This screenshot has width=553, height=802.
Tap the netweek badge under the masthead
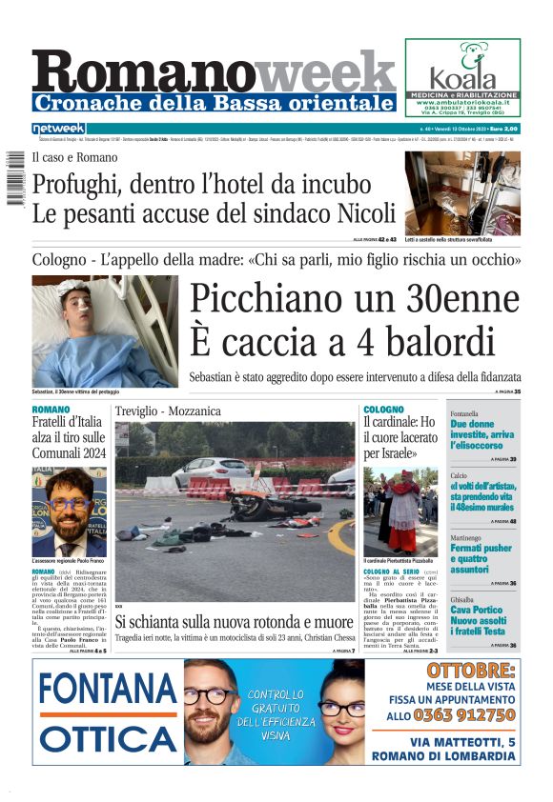click(x=59, y=129)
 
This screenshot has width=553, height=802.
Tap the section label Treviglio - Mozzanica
click(x=168, y=411)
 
